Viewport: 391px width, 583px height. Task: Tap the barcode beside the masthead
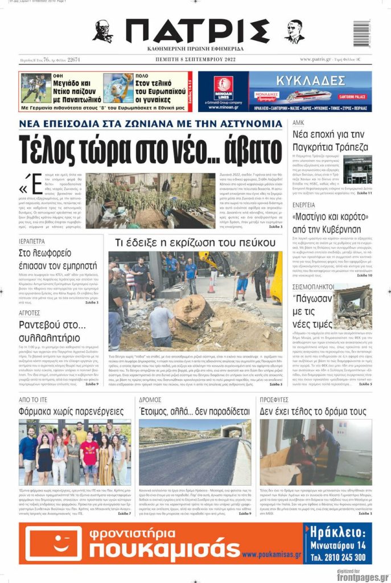[x=361, y=34]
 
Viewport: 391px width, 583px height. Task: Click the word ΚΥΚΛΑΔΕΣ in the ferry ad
[x=310, y=77]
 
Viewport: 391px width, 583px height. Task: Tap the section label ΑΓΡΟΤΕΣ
[x=29, y=313]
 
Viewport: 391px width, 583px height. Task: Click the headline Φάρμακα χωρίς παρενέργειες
[x=71, y=411]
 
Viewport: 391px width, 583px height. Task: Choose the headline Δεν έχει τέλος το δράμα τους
[x=314, y=411]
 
